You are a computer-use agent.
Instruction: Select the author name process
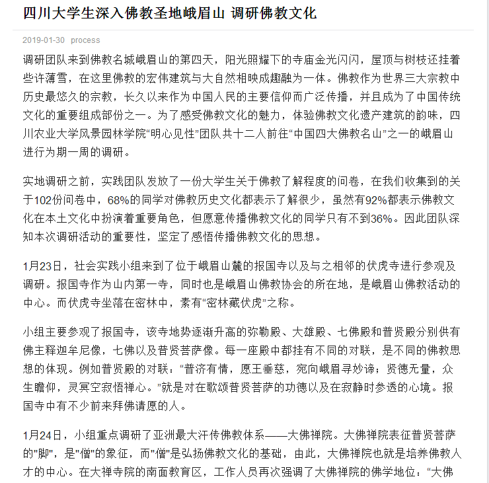click(x=85, y=40)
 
